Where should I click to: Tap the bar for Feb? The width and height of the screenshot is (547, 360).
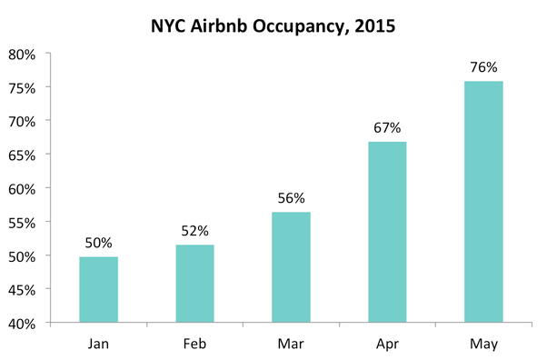(194, 284)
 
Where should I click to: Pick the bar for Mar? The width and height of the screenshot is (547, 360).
(291, 267)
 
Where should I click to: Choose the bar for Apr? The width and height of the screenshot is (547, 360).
(387, 232)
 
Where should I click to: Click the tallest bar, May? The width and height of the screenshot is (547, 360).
(483, 202)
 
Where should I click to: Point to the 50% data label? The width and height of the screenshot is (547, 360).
(98, 243)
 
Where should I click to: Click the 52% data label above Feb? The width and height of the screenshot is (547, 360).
(194, 231)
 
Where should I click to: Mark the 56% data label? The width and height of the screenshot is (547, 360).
(291, 198)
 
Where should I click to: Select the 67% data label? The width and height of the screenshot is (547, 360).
(387, 127)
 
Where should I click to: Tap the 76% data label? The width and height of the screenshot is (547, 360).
(483, 67)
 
